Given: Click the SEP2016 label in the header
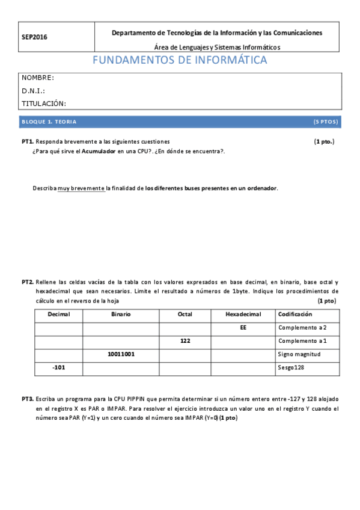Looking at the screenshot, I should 34,37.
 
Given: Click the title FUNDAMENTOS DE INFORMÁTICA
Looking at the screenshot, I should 180,61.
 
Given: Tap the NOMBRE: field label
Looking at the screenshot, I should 38,78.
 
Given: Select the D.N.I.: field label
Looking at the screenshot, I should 34,91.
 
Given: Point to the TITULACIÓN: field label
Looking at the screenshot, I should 44,103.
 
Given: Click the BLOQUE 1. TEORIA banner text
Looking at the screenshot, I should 49,121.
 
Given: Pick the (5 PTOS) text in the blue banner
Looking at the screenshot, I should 326,121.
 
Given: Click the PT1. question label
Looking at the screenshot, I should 28,141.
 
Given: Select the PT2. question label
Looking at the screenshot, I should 28,281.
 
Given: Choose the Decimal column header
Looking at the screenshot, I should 58,315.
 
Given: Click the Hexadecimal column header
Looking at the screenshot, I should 243,315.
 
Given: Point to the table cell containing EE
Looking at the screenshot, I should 243,328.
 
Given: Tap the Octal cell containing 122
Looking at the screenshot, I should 185,341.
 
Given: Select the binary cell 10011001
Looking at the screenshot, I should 121,354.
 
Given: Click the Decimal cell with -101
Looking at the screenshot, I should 58,367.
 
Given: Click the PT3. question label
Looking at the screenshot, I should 28,399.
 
